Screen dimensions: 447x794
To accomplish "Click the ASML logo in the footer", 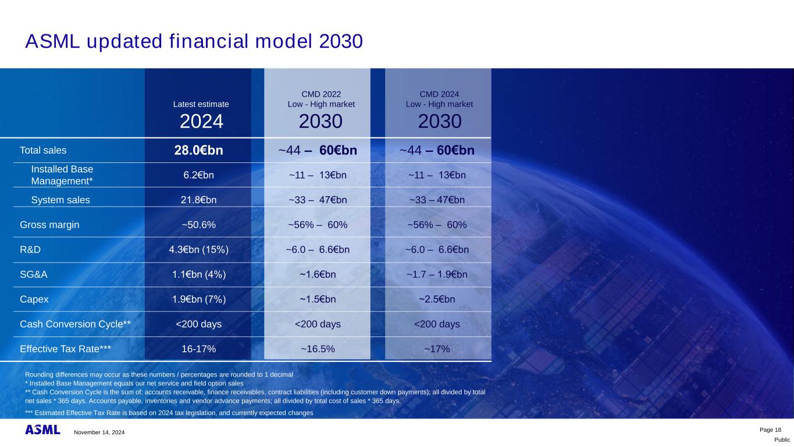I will click(x=42, y=430).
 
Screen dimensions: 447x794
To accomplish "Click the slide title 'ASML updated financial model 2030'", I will click(x=194, y=41).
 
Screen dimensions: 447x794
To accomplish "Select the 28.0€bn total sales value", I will click(x=198, y=150).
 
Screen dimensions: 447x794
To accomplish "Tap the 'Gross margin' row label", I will click(x=49, y=225).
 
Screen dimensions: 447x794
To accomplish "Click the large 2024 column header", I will click(x=201, y=122).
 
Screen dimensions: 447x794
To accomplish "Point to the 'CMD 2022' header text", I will click(x=321, y=93).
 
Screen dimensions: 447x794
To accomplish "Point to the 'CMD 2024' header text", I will click(x=439, y=93).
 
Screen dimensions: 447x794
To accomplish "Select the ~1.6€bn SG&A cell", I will click(x=318, y=275).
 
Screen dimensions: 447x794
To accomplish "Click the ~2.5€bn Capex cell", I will click(x=437, y=300).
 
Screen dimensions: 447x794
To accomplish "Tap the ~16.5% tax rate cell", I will click(x=318, y=349).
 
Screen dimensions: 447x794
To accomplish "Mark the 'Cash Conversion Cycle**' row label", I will click(x=75, y=324).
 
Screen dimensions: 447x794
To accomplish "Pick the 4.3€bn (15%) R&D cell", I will click(x=198, y=250).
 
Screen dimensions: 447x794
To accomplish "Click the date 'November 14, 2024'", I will click(x=99, y=432).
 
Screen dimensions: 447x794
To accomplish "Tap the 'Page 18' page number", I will click(x=771, y=430).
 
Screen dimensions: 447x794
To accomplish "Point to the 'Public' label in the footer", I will click(x=782, y=440).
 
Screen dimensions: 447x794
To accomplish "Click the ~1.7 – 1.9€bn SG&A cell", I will click(x=437, y=275).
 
